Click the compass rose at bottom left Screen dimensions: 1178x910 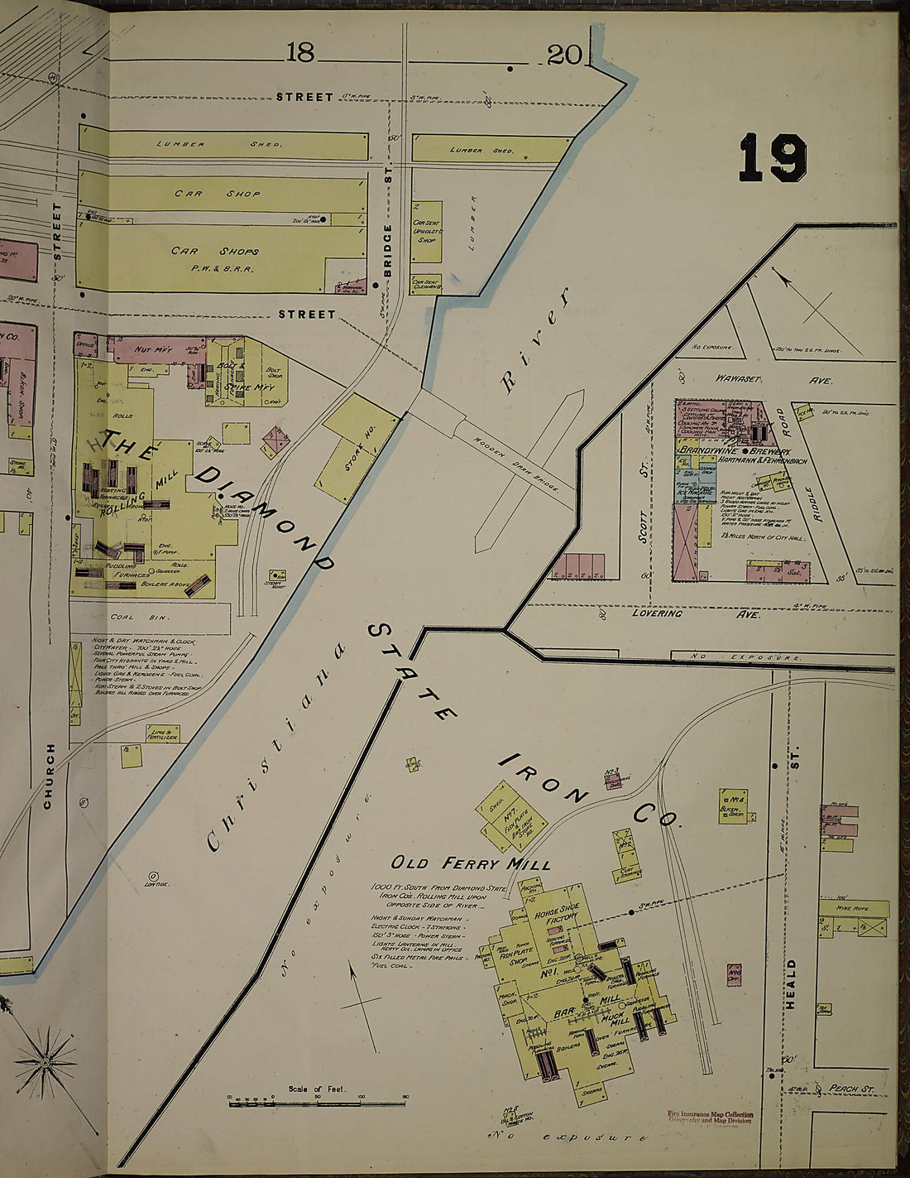click(45, 1060)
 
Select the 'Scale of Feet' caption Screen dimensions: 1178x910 click(317, 1089)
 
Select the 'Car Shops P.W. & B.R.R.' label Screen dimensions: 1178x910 click(215, 257)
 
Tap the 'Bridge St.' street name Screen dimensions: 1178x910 click(386, 248)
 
